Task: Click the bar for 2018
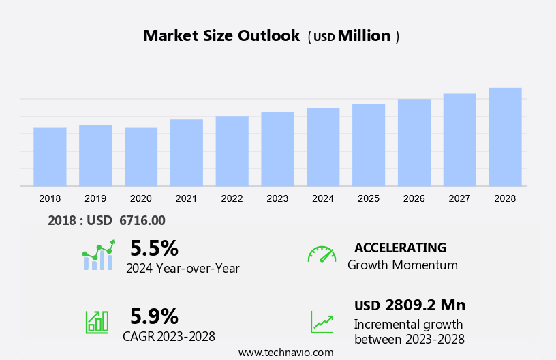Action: pos(50,157)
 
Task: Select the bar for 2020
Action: pos(141,157)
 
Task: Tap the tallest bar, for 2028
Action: pos(505,136)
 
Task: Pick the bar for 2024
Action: pos(323,147)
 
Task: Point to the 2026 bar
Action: pos(414,142)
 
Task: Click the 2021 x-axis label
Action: pos(186,198)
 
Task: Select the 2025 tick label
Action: pos(369,198)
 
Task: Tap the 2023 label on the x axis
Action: pos(277,198)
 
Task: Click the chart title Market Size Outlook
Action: pos(221,36)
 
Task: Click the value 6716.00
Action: pos(142,220)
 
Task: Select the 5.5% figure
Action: pos(154,247)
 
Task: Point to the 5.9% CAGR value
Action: pos(154,316)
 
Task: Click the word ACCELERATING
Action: pos(400,247)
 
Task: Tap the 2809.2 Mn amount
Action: pos(424,305)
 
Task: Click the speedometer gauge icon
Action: pos(322,254)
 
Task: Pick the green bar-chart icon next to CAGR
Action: pos(97,321)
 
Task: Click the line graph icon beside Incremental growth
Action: pos(322,322)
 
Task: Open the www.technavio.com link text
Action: pos(286,352)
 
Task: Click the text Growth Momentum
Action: pos(402,265)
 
